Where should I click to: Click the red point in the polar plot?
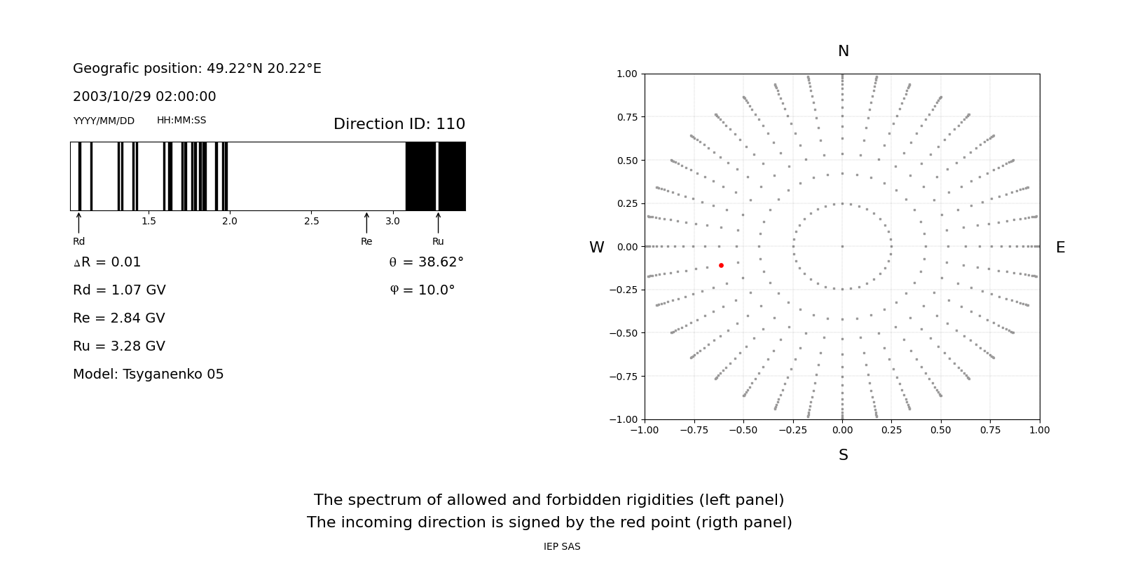click(x=721, y=265)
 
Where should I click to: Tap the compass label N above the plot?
click(x=843, y=51)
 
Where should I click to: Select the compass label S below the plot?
click(x=843, y=455)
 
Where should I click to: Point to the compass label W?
click(x=596, y=248)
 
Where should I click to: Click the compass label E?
click(x=1060, y=248)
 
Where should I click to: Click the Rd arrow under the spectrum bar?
click(x=78, y=223)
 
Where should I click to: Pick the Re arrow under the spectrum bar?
click(x=366, y=223)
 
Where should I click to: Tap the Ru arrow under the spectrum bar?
click(x=438, y=223)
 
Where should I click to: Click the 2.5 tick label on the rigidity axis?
click(x=311, y=221)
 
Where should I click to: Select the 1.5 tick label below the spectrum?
click(x=149, y=221)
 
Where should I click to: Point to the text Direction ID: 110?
click(x=399, y=124)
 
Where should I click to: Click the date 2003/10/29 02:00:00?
click(x=144, y=97)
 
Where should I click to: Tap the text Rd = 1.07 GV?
click(x=119, y=290)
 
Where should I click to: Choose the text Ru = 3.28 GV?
click(x=119, y=346)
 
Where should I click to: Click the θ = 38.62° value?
click(x=426, y=262)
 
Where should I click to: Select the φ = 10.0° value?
click(x=422, y=290)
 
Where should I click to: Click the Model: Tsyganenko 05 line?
click(x=148, y=374)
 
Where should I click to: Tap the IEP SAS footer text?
click(x=562, y=547)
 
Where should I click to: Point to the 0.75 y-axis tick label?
click(x=626, y=117)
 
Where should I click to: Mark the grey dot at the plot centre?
click(x=842, y=246)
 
